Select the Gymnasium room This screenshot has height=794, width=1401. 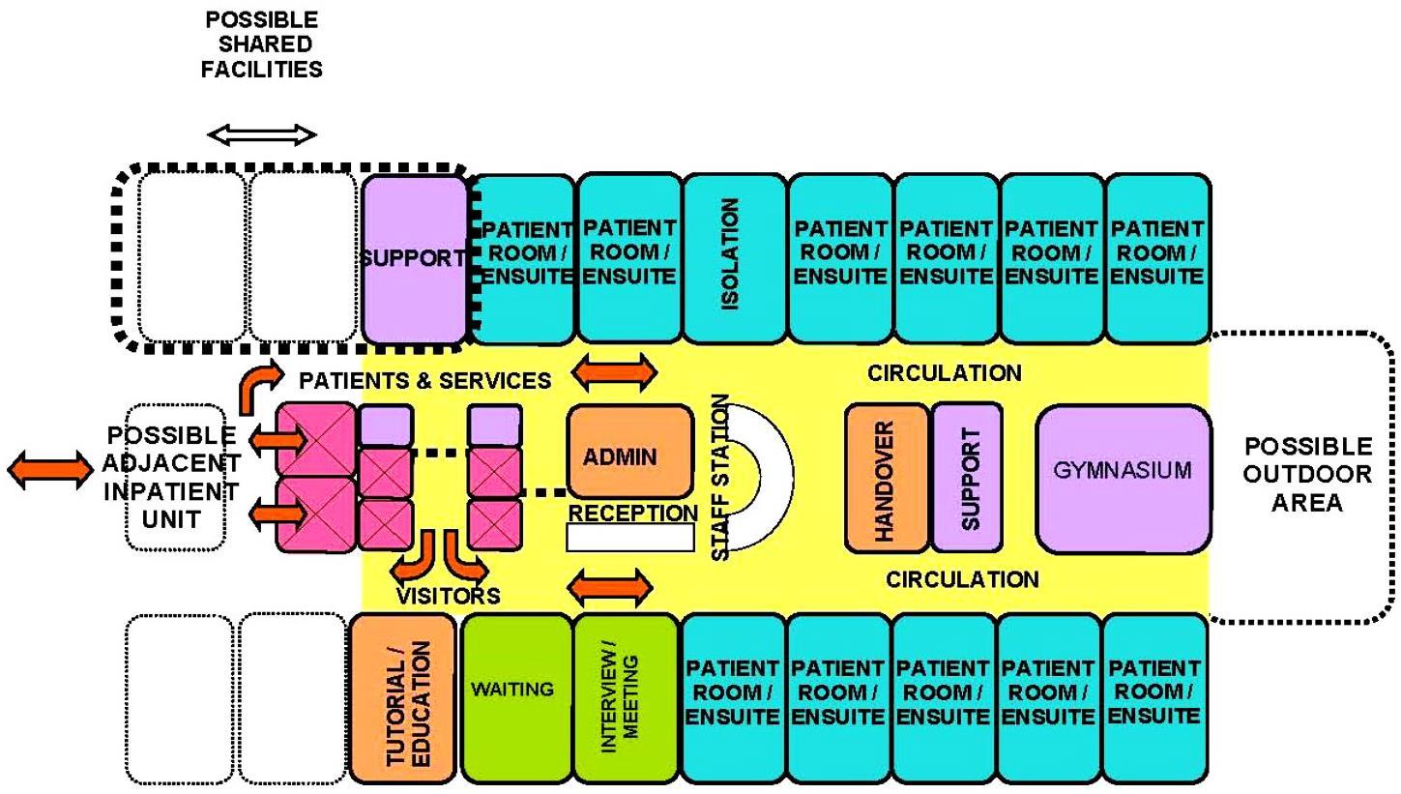click(1123, 478)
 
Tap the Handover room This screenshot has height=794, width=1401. click(886, 478)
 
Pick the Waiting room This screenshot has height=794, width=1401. click(517, 697)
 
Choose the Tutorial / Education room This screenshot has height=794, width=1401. click(402, 697)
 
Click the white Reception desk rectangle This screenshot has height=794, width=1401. click(629, 537)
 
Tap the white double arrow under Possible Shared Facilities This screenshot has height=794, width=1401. click(262, 135)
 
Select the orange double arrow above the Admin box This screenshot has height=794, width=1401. click(616, 370)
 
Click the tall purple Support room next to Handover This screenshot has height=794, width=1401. click(967, 478)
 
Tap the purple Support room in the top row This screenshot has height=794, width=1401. click(415, 259)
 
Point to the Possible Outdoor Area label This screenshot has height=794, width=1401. click(1306, 474)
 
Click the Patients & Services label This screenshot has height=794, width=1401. click(424, 380)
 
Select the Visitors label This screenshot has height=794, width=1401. click(448, 595)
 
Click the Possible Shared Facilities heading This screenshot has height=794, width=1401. click(261, 44)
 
